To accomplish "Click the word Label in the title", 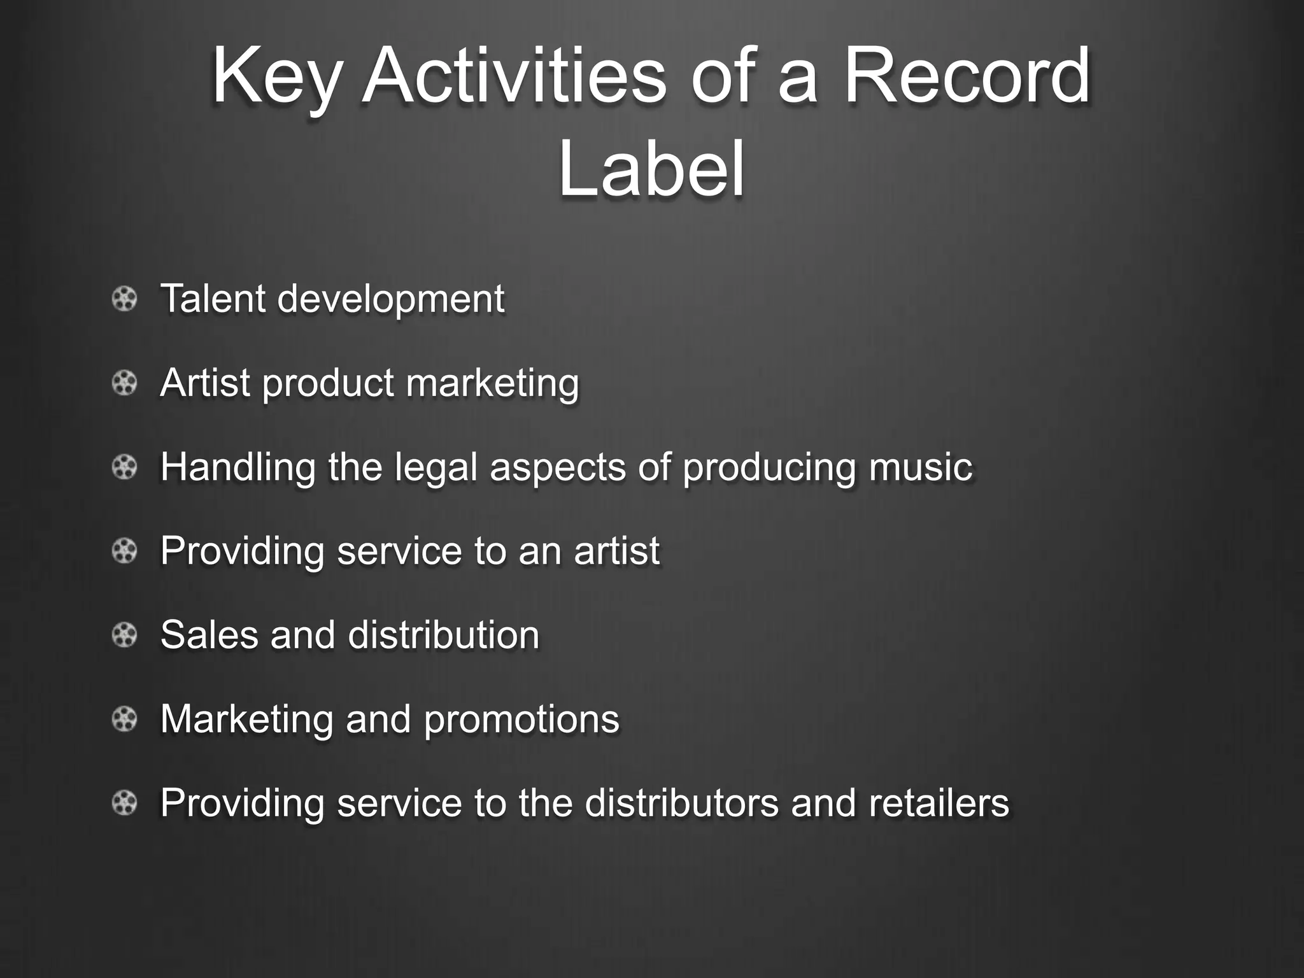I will click(x=651, y=169).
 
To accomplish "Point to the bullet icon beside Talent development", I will click(x=124, y=299).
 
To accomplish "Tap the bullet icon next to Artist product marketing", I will click(x=124, y=383).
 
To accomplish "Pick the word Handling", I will click(x=237, y=467).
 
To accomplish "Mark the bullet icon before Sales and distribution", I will click(x=124, y=635).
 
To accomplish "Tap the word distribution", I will click(x=443, y=635).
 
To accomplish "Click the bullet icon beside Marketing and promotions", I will click(x=124, y=719).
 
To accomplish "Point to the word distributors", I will click(x=681, y=802).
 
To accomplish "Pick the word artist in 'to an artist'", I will click(x=616, y=551).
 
